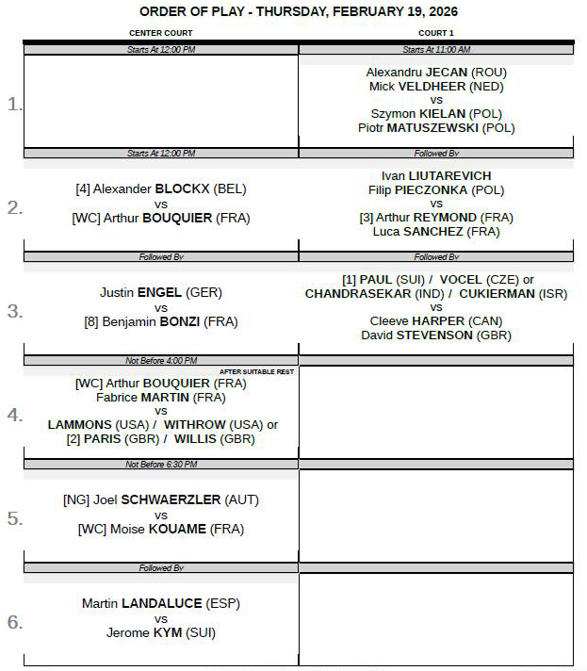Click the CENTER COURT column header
tap(161, 33)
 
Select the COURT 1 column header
tap(436, 33)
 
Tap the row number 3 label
tap(14, 311)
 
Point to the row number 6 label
tap(14, 622)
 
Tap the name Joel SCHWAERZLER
tap(161, 499)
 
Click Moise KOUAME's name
tap(161, 530)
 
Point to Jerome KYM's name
tap(161, 632)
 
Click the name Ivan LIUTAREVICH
tap(436, 175)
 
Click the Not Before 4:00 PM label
tap(161, 360)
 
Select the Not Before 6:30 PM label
tap(161, 465)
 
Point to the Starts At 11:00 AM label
tap(436, 50)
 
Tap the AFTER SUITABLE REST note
tap(256, 371)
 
